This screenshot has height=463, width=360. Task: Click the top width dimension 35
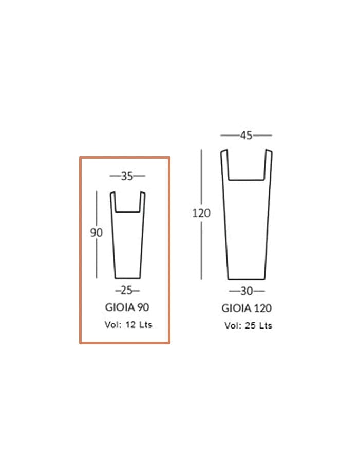point(127,176)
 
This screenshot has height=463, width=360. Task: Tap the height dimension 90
point(97,233)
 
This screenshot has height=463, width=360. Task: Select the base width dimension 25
point(127,291)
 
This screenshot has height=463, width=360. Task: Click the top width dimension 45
point(246,136)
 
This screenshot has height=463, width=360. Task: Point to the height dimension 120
point(201,213)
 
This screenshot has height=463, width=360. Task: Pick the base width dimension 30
point(247,292)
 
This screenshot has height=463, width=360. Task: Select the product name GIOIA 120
point(247,308)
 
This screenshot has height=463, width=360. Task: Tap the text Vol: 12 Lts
point(128,324)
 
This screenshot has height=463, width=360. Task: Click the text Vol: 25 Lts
point(248,326)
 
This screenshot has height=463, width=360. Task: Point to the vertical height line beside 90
point(97,257)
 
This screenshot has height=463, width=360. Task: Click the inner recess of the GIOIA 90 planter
point(127,203)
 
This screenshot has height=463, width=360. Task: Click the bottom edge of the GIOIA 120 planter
point(247,279)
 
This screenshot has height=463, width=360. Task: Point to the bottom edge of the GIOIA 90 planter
point(127,278)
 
